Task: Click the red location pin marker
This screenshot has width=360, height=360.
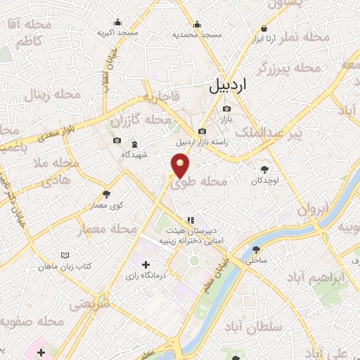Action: tap(181, 166)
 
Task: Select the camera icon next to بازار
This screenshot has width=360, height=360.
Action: tap(226, 108)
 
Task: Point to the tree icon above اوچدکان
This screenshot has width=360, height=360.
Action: tap(265, 169)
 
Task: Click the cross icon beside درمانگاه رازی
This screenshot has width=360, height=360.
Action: tap(146, 265)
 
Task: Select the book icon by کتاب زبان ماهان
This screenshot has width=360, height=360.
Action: tap(65, 255)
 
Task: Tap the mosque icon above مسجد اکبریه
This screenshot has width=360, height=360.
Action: tap(117, 20)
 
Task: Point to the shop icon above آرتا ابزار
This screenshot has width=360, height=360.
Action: tap(264, 28)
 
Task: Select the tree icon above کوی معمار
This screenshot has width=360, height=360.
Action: tap(106, 194)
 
